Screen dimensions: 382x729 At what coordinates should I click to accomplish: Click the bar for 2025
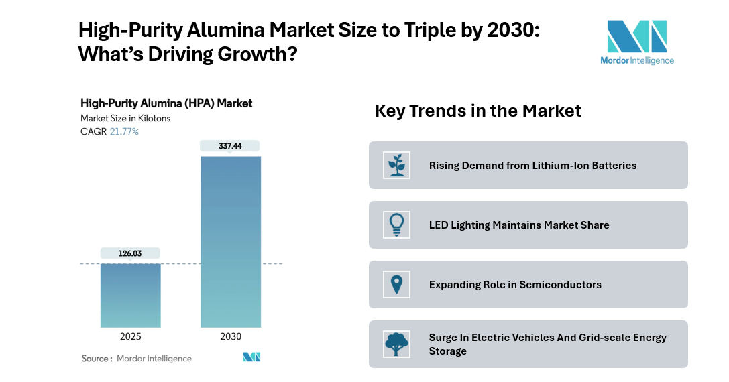point(130,295)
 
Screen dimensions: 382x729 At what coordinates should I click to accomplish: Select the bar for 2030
point(231,241)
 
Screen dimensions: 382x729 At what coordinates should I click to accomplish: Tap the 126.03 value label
point(130,253)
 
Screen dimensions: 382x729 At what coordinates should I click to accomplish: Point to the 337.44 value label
point(231,146)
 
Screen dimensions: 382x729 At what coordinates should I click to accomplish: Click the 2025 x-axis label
point(130,336)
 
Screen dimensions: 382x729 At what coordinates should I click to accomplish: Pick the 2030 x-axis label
point(231,336)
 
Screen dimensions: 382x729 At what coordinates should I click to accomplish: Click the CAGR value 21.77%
point(124,131)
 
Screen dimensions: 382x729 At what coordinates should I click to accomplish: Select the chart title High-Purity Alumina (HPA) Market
point(166,103)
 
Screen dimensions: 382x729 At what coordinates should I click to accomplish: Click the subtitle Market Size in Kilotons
point(125,118)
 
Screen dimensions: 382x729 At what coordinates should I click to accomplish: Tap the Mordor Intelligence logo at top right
point(636,42)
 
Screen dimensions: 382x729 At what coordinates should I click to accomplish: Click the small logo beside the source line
point(251,357)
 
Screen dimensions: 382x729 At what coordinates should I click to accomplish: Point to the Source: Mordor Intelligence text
point(137,359)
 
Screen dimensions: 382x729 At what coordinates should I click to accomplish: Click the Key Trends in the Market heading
point(478,111)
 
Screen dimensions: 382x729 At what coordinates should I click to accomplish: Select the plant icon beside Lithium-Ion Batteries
point(396,165)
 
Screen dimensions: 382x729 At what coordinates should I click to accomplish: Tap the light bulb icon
point(396,225)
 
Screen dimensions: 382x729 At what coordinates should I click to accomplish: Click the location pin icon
point(396,284)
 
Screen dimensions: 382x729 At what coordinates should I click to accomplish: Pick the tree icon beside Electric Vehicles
point(396,344)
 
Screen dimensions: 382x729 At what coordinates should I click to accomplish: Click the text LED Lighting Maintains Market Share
point(519,225)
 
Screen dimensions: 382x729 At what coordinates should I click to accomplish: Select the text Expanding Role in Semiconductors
point(515,285)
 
